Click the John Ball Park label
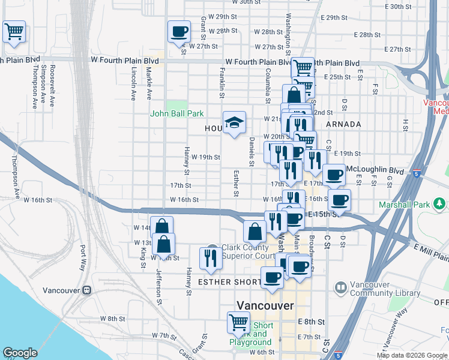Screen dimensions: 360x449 (177, 113)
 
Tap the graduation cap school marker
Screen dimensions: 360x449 (234, 124)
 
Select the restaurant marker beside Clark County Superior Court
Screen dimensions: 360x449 (210, 257)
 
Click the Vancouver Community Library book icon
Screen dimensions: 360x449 (340, 288)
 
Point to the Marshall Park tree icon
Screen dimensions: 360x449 (440, 205)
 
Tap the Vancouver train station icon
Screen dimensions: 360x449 (87, 290)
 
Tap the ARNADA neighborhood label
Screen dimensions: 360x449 (344, 124)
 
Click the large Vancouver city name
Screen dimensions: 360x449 (265, 305)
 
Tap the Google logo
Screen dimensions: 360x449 (20, 353)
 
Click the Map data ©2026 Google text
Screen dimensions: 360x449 (412, 355)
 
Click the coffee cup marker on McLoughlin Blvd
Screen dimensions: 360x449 (334, 175)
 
